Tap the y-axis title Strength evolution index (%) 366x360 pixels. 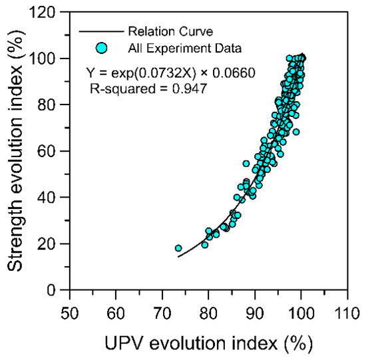tap(18, 151)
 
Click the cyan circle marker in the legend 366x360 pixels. tap(101, 47)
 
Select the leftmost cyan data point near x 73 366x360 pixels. tap(178, 248)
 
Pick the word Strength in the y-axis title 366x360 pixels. tap(18, 219)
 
